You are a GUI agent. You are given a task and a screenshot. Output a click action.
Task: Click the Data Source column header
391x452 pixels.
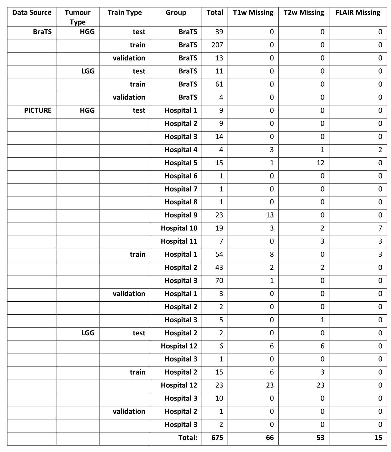click(32, 13)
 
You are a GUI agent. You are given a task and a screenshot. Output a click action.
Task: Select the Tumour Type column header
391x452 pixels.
click(78, 17)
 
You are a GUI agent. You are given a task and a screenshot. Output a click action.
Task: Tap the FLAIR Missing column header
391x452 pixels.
click(358, 13)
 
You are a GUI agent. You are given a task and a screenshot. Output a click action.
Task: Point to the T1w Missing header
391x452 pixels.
click(253, 13)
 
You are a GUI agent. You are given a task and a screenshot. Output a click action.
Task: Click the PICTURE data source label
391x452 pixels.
click(38, 110)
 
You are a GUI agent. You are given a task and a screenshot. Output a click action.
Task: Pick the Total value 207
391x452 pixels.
click(217, 45)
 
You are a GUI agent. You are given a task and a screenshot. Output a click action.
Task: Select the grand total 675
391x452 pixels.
click(217, 438)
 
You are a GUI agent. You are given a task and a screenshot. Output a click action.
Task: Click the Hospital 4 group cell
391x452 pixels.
click(181, 150)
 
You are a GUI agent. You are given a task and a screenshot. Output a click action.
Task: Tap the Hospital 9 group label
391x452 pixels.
click(181, 215)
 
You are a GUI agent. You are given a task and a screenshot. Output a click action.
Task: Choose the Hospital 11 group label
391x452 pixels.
click(179, 241)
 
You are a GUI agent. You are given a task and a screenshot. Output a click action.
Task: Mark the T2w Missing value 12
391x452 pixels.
click(320, 163)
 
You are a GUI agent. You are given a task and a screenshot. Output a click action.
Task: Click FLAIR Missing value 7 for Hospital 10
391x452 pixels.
click(380, 228)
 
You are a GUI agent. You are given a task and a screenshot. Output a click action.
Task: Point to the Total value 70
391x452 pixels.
click(219, 281)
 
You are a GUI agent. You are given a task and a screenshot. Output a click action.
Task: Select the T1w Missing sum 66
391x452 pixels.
click(270, 438)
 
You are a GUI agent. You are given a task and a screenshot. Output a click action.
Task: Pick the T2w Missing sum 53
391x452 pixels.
click(320, 438)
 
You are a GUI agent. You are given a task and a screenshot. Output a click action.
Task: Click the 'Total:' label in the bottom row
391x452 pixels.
click(188, 438)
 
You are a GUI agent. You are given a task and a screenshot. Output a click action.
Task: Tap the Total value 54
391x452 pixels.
click(219, 255)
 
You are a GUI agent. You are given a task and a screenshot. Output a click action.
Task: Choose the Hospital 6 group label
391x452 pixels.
click(181, 176)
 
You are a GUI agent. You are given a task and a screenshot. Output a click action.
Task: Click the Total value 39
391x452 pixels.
click(219, 32)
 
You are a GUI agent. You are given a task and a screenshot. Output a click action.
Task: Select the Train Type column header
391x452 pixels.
click(125, 13)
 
